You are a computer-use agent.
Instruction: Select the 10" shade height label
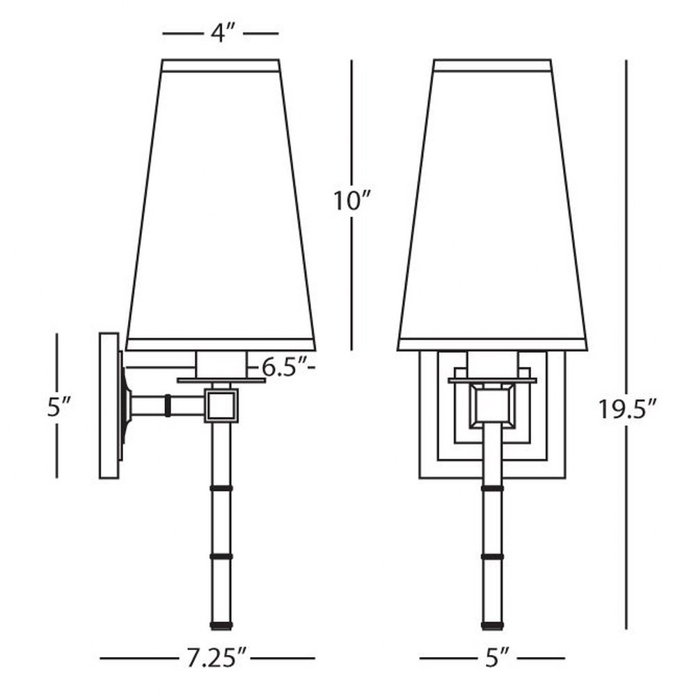[x=351, y=201]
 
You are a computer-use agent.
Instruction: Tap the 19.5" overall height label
[x=627, y=409]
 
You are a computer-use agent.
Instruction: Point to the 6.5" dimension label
[x=284, y=367]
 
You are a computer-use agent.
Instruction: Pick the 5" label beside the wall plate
[x=58, y=407]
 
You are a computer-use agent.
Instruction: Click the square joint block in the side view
[x=221, y=405]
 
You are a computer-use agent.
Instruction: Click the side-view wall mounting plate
[x=109, y=406]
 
